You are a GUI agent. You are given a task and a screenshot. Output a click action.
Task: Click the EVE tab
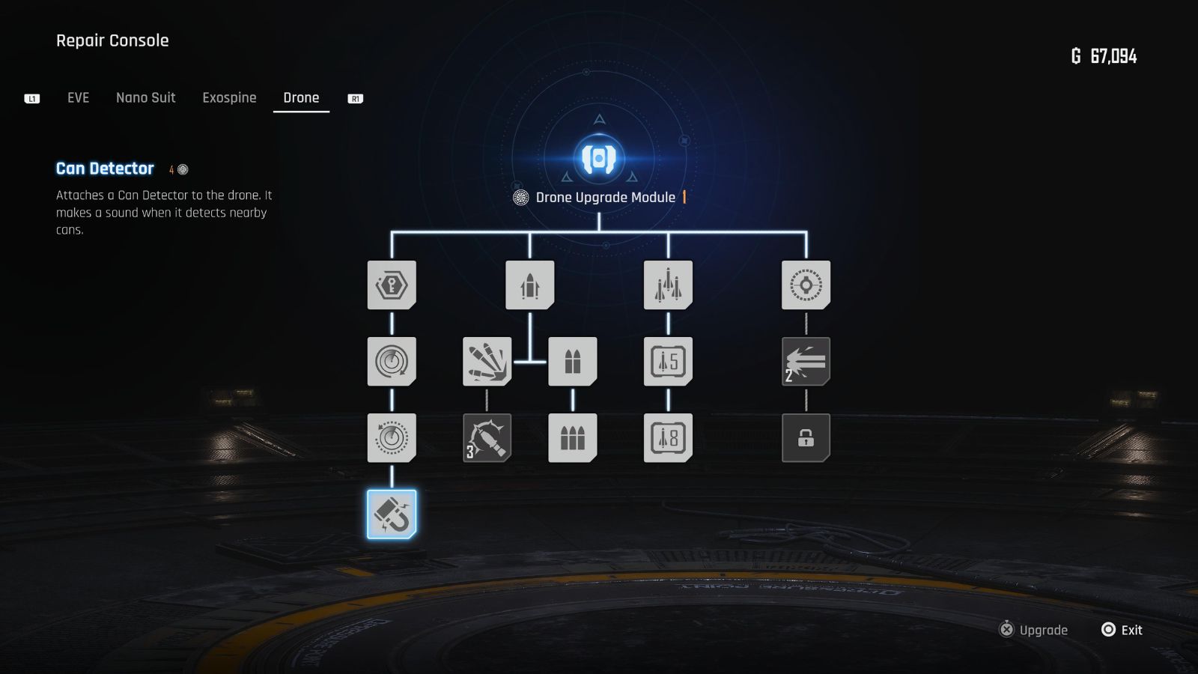[x=78, y=98]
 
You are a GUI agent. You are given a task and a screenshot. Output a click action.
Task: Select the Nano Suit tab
[x=145, y=98]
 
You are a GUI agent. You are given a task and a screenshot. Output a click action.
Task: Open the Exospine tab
[x=229, y=98]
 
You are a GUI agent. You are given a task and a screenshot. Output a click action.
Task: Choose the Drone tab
[x=301, y=98]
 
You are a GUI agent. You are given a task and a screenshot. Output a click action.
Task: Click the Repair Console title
[x=112, y=40]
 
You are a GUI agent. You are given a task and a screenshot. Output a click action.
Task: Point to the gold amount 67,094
[x=1113, y=56]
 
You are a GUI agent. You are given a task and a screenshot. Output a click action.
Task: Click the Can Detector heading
[x=105, y=168]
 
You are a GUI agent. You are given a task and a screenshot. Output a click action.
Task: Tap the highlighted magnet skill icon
[x=392, y=514]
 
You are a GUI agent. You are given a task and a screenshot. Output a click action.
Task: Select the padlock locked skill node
[x=806, y=438]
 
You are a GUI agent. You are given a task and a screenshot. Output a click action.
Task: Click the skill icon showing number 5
[x=668, y=362]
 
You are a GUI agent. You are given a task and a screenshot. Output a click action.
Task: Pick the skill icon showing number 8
[x=668, y=438]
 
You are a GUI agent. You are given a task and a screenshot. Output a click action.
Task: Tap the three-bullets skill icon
[x=573, y=438]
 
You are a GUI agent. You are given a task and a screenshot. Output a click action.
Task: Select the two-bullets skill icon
[x=573, y=362]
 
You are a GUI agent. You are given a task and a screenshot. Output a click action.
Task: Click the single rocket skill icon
[x=530, y=285]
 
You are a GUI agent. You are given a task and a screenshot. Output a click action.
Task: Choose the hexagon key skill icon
[x=392, y=285]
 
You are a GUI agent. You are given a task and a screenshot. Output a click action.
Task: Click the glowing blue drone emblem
[x=599, y=158]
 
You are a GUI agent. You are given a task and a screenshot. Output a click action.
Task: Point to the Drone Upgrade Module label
[x=605, y=198]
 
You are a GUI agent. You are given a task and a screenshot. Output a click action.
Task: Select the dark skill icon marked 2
[x=806, y=362]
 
